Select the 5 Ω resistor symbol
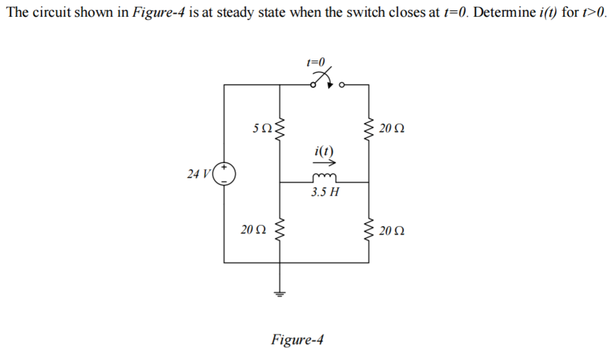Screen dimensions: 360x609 tap(282, 129)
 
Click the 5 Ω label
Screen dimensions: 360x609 tap(262, 130)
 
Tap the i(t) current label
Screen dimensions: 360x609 tap(324, 151)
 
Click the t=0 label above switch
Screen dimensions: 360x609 tap(315, 62)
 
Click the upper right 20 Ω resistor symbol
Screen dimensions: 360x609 tap(369, 129)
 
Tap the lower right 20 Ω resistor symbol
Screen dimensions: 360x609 tap(369, 231)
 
